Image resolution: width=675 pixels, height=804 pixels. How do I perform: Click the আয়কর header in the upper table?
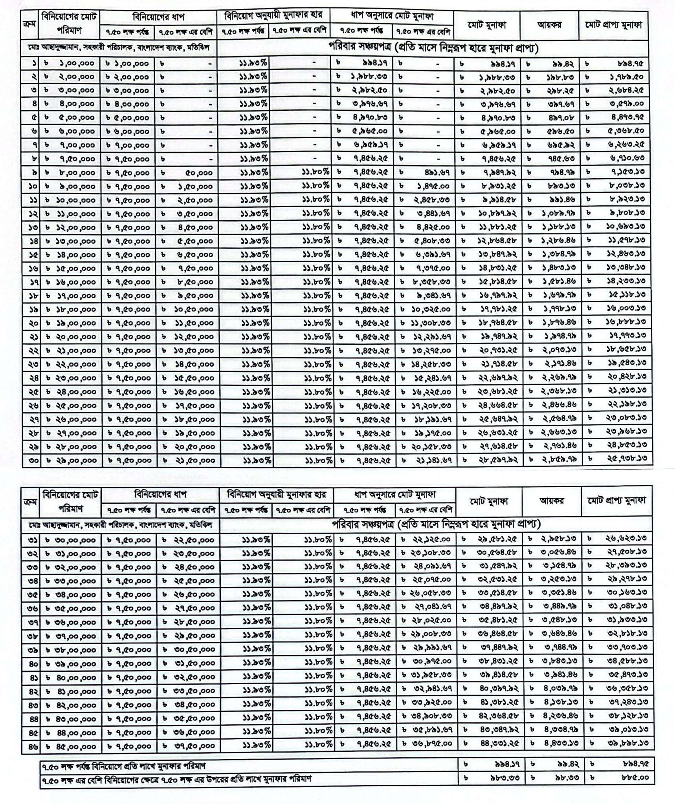pos(549,25)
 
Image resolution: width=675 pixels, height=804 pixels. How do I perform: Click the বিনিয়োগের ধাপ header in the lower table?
pos(160,494)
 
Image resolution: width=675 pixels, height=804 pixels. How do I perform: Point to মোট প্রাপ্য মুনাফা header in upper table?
pos(613,25)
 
